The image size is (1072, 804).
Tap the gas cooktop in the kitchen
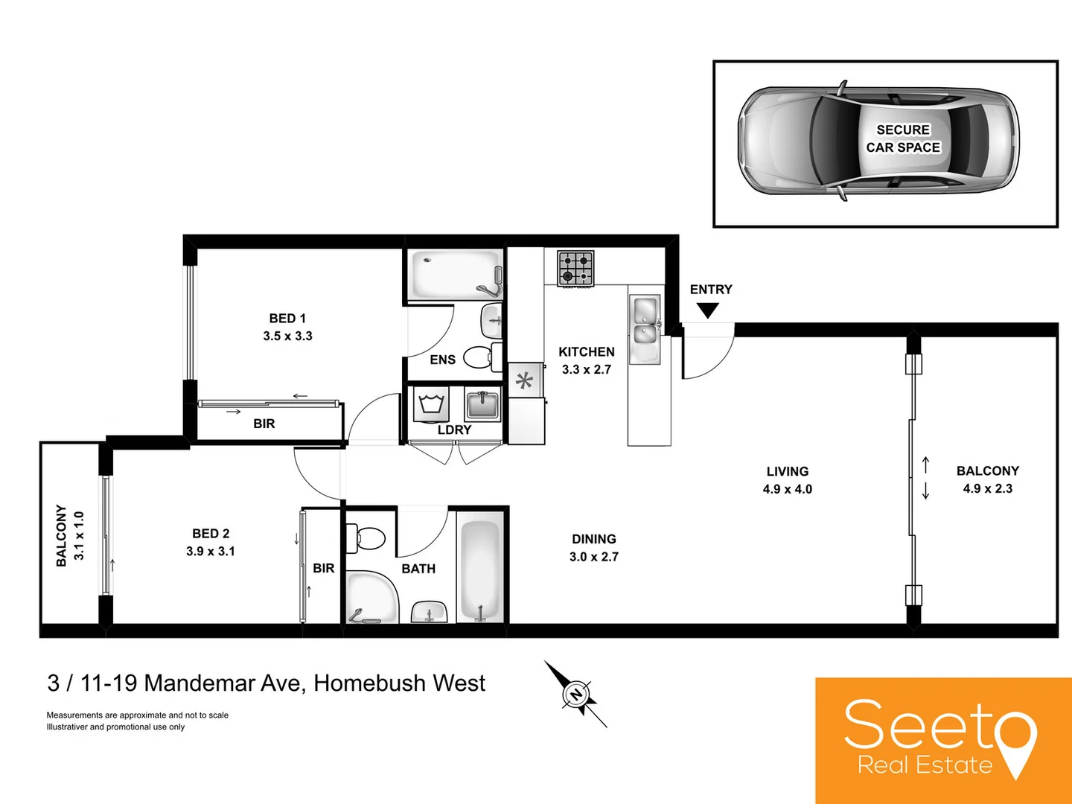pyautogui.click(x=575, y=269)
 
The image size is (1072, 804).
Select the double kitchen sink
pyautogui.click(x=645, y=320)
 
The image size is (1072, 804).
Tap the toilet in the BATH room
pyautogui.click(x=368, y=537)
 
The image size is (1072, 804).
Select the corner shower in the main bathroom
pyautogui.click(x=370, y=596)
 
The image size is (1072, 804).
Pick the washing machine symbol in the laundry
pyautogui.click(x=432, y=405)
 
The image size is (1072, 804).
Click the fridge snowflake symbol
pyautogui.click(x=525, y=381)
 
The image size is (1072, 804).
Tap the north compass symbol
pyautogui.click(x=575, y=695)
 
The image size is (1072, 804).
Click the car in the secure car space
pyautogui.click(x=878, y=141)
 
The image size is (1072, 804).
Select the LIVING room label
pyautogui.click(x=787, y=471)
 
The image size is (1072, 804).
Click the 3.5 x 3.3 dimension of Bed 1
pyautogui.click(x=287, y=336)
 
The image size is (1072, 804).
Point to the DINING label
pyautogui.click(x=593, y=539)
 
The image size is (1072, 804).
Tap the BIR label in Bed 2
pyautogui.click(x=324, y=568)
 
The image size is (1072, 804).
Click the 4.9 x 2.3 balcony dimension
pyautogui.click(x=987, y=488)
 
